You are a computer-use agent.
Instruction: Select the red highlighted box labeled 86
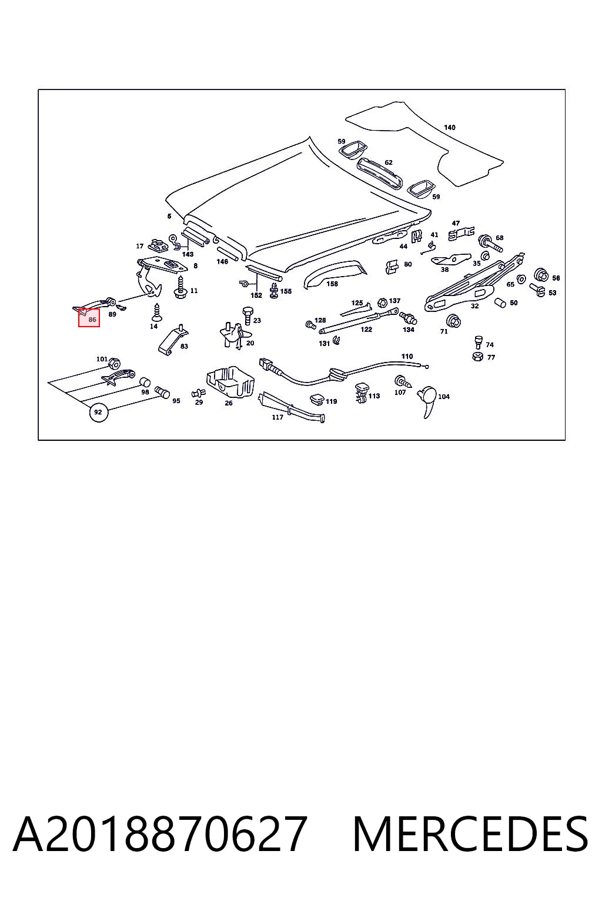point(89,318)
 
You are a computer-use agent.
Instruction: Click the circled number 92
point(98,413)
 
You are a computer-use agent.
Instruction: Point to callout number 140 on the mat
point(450,128)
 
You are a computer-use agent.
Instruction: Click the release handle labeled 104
point(427,401)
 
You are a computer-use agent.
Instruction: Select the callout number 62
point(388,162)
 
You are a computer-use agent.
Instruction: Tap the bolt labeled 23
point(247,315)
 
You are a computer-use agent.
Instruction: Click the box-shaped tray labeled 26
point(230,382)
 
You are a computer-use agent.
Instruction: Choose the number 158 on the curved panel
point(332,284)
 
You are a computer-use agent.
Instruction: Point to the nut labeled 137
point(382,303)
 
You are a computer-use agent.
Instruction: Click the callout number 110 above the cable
point(407,356)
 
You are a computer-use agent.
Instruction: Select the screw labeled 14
point(156,312)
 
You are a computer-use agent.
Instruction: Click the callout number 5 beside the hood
point(169,217)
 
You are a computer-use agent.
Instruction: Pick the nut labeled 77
point(477,357)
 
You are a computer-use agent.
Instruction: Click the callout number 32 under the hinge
point(474,306)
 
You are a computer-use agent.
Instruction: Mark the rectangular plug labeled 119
point(317,400)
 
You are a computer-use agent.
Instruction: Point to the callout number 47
point(456,223)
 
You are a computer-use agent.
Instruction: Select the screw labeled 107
point(402,381)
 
